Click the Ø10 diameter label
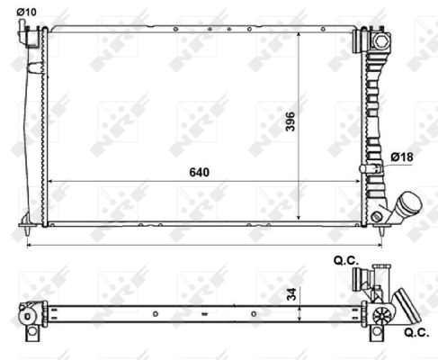click(x=26, y=12)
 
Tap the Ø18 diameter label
click(x=402, y=157)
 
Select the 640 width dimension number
click(x=200, y=172)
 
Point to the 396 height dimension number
click(x=291, y=121)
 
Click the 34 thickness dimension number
click(x=291, y=294)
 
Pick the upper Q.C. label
click(x=346, y=260)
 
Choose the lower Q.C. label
click(x=416, y=332)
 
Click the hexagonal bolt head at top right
click(x=381, y=40)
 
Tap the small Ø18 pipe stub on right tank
click(x=371, y=168)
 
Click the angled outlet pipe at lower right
click(x=405, y=207)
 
